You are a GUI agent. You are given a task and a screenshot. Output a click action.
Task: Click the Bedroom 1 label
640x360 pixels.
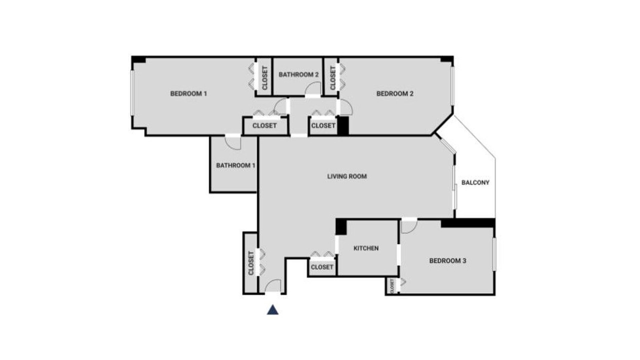tap(188, 93)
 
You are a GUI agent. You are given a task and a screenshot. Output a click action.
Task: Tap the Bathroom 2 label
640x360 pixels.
tap(298, 74)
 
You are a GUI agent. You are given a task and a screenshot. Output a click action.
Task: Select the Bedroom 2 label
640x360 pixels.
tap(395, 93)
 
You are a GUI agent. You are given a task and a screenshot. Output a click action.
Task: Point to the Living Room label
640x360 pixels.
tap(347, 176)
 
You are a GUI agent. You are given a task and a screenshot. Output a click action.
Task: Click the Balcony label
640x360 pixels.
tap(475, 182)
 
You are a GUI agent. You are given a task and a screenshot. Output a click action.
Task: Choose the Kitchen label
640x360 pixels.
tap(366, 248)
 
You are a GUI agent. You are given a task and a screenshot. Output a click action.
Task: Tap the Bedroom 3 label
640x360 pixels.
tap(447, 261)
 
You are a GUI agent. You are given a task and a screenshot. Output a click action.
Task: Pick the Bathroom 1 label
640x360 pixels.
tap(235, 165)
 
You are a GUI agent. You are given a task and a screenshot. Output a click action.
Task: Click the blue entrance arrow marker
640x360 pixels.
tap(272, 309)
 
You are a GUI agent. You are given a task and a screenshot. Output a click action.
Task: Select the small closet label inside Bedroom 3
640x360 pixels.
tap(392, 286)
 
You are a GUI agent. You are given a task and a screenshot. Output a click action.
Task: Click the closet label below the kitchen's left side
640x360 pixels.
tap(322, 267)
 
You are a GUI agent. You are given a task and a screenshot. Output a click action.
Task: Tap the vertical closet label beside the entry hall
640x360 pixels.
tap(251, 263)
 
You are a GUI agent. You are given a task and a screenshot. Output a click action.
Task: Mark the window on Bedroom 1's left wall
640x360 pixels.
tap(132, 93)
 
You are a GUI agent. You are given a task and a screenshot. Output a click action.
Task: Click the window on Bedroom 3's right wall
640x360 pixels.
tap(494, 254)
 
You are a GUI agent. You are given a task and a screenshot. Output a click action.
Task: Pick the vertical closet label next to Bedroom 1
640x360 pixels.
tap(264, 78)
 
